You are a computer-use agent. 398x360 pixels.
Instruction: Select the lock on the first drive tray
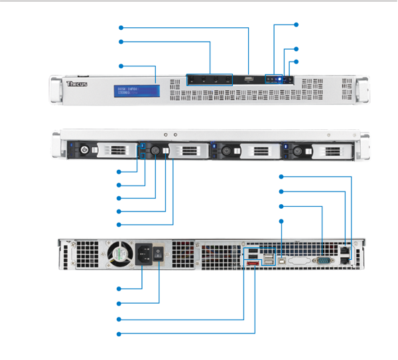click(84, 150)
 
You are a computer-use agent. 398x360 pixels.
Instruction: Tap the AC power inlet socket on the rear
click(144, 253)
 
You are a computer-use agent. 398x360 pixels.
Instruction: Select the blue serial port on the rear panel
click(325, 261)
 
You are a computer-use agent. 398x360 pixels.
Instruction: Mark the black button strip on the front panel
click(208, 80)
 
